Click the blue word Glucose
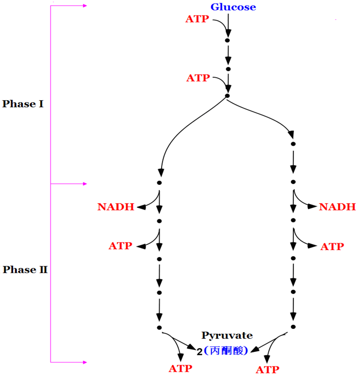[233, 7]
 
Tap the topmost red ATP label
[197, 19]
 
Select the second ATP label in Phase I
[198, 78]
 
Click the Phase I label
[23, 104]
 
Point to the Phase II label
[25, 270]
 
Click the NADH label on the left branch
[115, 207]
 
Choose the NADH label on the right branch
[337, 207]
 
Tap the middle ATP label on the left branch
[121, 245]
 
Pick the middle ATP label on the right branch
[332, 246]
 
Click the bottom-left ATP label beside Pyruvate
[181, 369]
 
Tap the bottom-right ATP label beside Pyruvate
[267, 370]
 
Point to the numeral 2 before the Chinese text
[200, 352]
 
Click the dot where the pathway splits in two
[227, 96]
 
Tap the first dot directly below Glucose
[227, 40]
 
